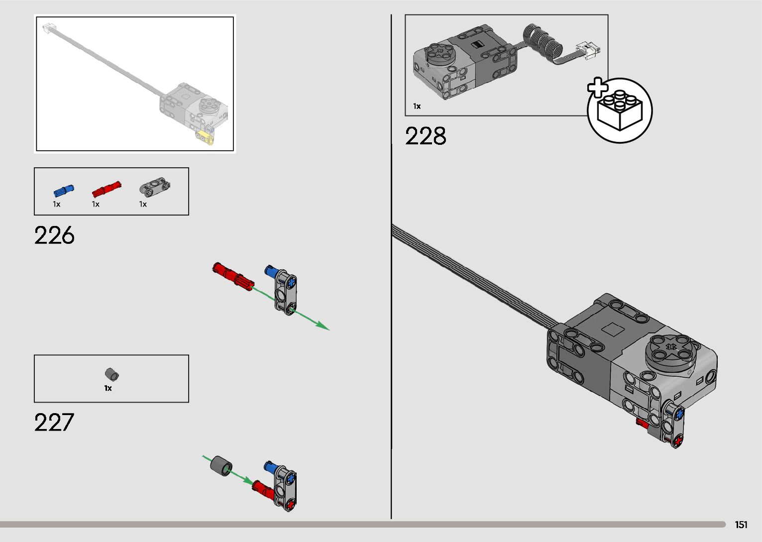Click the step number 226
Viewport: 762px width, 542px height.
[54, 235]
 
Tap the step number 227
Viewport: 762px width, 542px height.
[54, 422]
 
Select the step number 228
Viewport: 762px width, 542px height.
[426, 136]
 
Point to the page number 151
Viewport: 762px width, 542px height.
[741, 525]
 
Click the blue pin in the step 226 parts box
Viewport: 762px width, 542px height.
[64, 191]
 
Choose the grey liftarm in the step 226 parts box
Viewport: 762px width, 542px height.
[154, 187]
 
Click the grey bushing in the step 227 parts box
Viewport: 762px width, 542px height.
[112, 374]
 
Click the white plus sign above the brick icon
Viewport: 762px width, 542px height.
[598, 88]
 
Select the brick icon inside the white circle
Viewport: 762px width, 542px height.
[620, 110]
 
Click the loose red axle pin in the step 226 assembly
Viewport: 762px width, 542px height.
[233, 276]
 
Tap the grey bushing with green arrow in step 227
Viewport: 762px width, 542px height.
[221, 465]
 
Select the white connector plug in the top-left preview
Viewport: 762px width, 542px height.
[49, 28]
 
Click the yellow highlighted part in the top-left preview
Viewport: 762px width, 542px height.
[204, 136]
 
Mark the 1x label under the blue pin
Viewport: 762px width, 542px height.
[57, 204]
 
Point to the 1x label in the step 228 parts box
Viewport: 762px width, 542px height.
[417, 106]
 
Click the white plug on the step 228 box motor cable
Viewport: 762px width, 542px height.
[589, 50]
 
